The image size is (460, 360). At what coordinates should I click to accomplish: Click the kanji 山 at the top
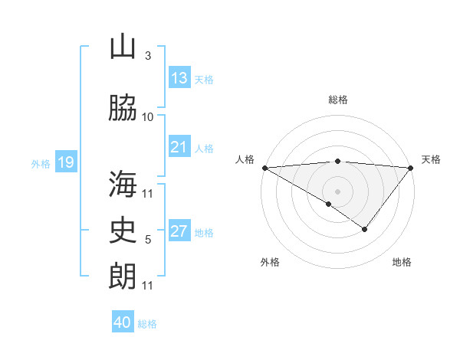[123, 47]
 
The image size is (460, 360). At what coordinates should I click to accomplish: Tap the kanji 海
[123, 185]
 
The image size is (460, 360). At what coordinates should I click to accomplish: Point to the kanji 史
[123, 230]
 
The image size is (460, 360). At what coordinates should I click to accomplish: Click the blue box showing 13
[179, 78]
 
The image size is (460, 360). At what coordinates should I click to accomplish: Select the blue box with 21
[179, 147]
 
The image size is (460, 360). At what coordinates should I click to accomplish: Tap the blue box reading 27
[179, 231]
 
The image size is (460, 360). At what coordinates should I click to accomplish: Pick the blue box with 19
[66, 162]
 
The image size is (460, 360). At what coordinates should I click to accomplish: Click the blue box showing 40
[123, 322]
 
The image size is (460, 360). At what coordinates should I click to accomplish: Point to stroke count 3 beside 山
[147, 55]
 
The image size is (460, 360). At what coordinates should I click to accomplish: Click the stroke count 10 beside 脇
[148, 116]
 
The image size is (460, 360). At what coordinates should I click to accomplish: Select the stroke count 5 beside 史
[148, 239]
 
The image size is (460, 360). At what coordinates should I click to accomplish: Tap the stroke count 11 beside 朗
[148, 285]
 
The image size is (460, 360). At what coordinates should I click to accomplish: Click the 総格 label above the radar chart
[337, 100]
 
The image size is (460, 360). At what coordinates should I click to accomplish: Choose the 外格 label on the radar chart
[269, 262]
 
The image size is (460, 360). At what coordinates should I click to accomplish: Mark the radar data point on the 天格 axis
[411, 168]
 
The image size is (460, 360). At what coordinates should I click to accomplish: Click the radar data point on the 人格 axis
[264, 168]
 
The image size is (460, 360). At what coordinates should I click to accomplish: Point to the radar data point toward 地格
[365, 229]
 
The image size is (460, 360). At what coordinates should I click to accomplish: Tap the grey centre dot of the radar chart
[337, 191]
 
